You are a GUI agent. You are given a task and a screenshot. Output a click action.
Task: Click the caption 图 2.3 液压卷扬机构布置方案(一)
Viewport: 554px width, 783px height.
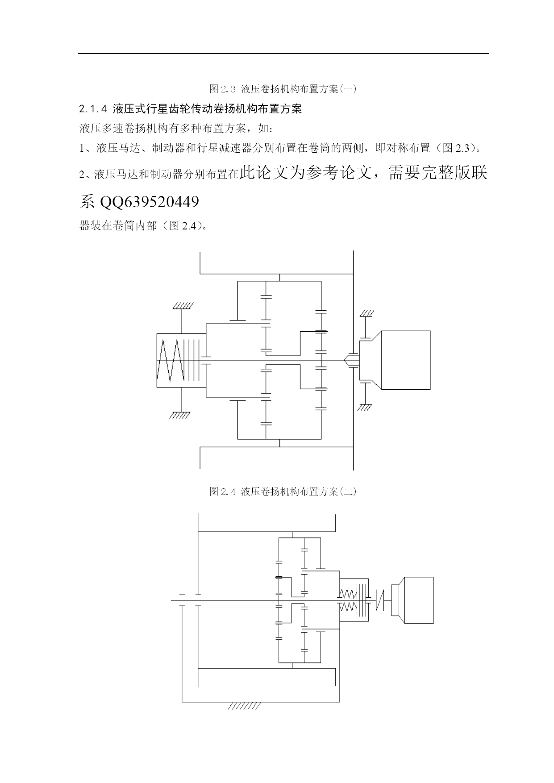[x=283, y=88]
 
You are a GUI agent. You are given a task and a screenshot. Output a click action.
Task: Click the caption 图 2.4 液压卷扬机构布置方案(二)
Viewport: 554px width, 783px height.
[x=283, y=491]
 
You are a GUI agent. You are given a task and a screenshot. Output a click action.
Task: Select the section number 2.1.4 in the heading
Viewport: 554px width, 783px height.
[x=94, y=109]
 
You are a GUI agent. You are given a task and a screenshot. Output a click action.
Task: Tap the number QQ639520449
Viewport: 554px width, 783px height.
[x=150, y=202]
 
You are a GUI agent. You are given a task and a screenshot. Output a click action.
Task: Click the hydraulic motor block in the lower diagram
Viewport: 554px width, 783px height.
[x=417, y=600]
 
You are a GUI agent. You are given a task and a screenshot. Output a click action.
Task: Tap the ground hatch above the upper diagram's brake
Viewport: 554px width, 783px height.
[x=183, y=306]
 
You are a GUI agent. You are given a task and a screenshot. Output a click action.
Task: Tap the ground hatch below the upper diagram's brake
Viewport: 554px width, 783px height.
[x=180, y=415]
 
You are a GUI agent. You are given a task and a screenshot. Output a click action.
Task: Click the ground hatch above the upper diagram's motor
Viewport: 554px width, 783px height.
[x=367, y=313]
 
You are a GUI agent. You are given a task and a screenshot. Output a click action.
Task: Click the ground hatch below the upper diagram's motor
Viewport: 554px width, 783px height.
[x=364, y=407]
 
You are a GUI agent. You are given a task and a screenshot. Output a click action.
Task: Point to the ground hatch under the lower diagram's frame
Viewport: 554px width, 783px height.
[x=244, y=706]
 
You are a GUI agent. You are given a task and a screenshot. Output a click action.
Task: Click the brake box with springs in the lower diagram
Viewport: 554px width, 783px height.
[x=354, y=600]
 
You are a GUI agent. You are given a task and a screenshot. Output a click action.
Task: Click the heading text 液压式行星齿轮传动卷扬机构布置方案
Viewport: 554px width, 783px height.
[x=207, y=109]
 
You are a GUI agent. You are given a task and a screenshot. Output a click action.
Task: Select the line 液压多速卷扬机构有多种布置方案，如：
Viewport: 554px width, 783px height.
[x=175, y=129]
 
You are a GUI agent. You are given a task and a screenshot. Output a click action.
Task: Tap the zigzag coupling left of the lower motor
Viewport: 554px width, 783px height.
[x=380, y=600]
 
